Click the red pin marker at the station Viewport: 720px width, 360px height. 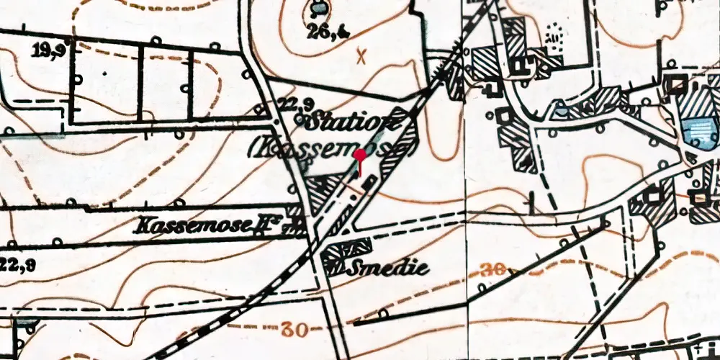tap(360, 158)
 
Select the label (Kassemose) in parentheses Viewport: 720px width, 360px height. tap(332, 149)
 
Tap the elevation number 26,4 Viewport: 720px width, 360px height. tap(318, 31)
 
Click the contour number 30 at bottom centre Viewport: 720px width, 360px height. tap(295, 329)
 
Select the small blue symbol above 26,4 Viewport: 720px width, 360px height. tap(317, 9)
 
